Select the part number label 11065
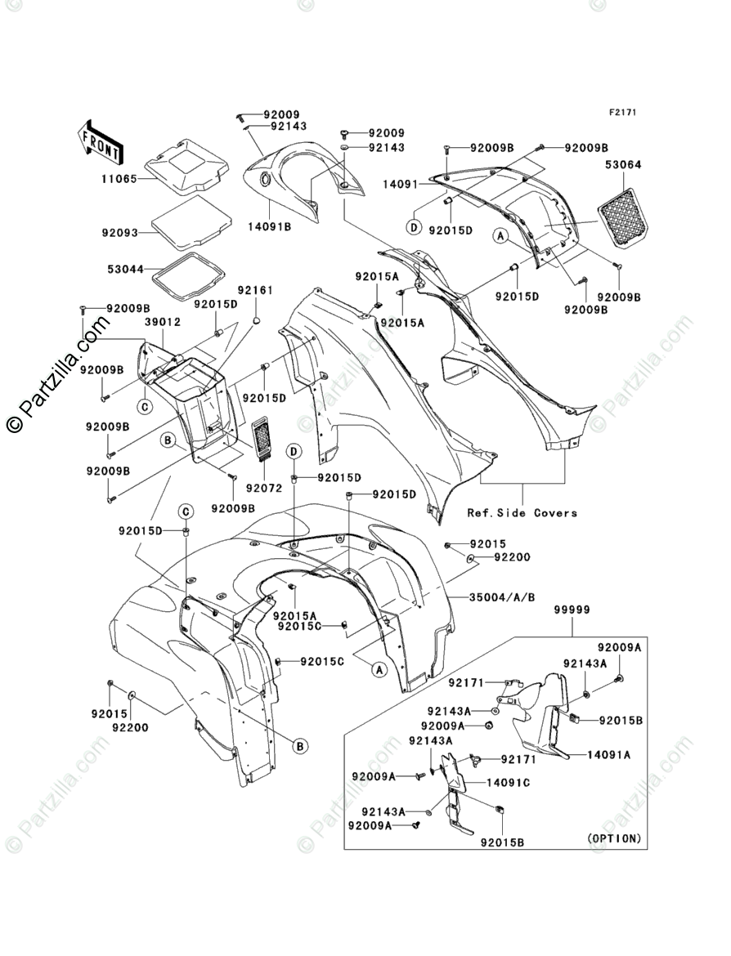[x=119, y=175]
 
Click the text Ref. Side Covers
[x=522, y=513]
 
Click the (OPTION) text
[x=614, y=839]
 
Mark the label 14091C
[x=508, y=783]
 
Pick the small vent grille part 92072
[x=262, y=441]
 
